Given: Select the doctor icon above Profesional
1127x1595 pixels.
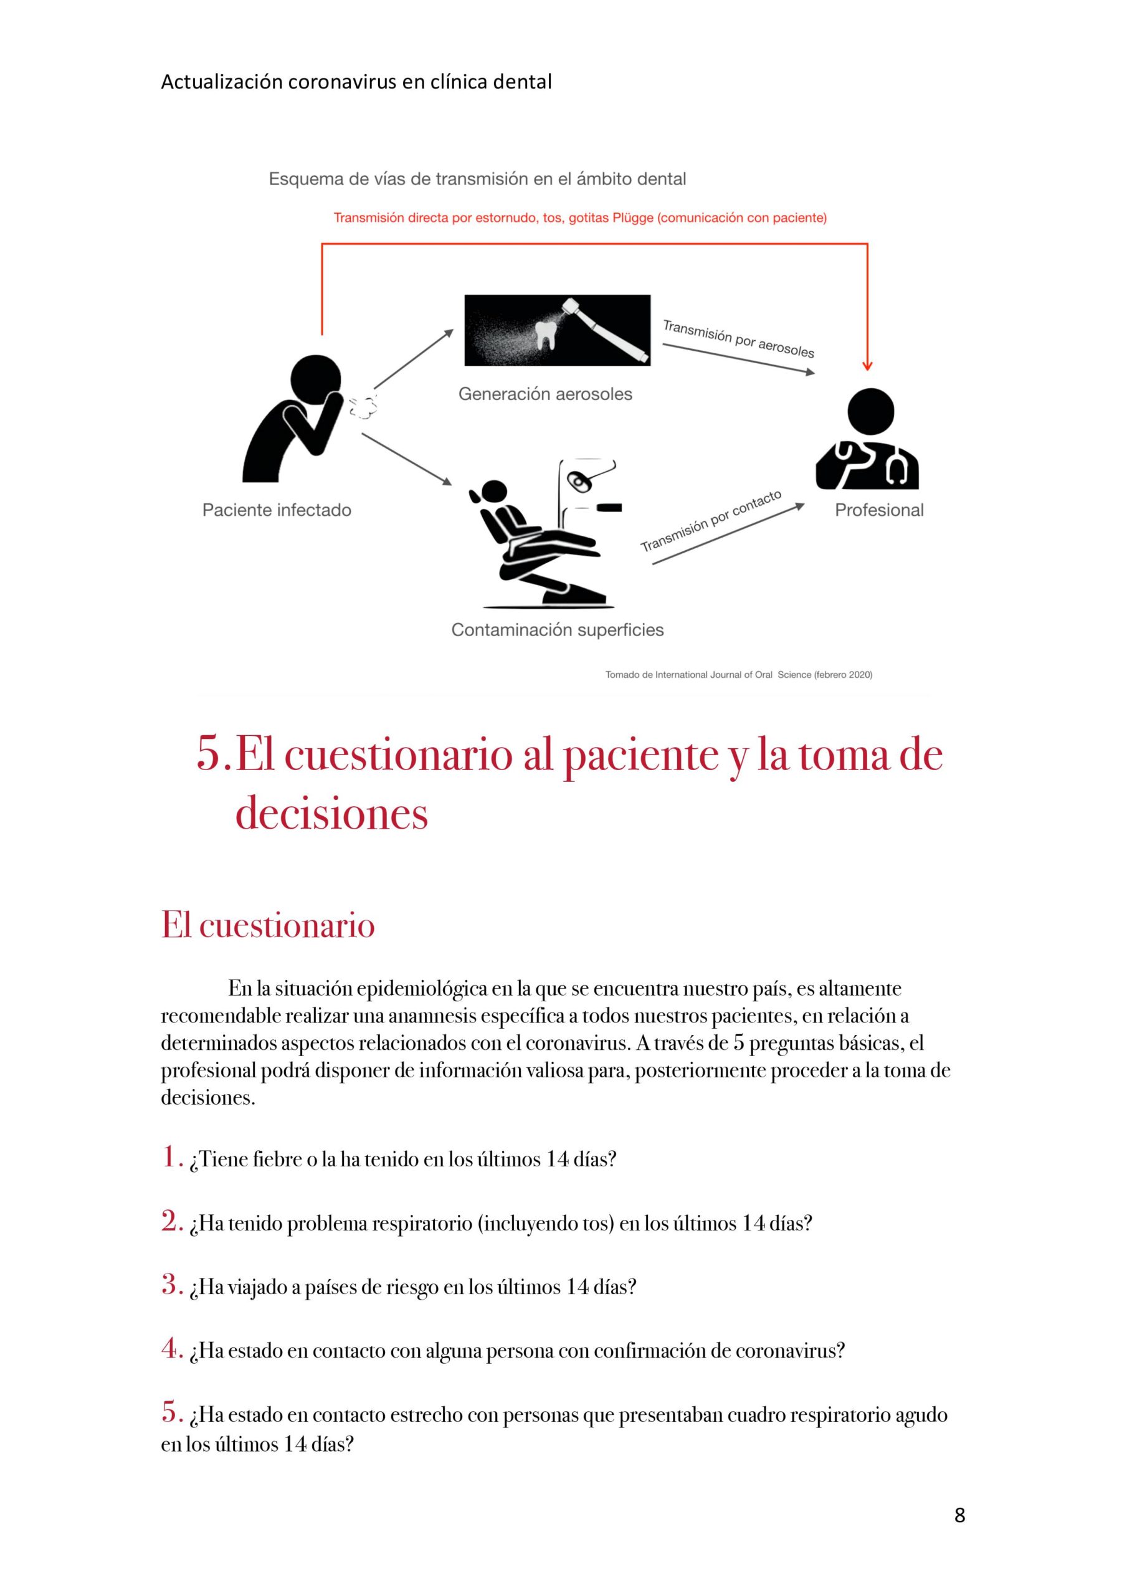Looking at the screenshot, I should click(868, 439).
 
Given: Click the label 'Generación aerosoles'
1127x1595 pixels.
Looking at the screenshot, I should click(546, 394).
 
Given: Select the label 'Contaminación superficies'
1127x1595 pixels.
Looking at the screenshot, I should click(557, 630).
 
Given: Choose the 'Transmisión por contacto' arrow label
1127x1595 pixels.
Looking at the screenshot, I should click(711, 521).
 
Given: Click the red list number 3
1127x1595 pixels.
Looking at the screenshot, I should click(171, 1285).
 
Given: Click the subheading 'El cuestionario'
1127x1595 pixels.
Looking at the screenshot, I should click(269, 925).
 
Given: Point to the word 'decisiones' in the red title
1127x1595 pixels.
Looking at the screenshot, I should click(331, 813).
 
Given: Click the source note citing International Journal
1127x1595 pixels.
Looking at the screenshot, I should click(739, 675).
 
